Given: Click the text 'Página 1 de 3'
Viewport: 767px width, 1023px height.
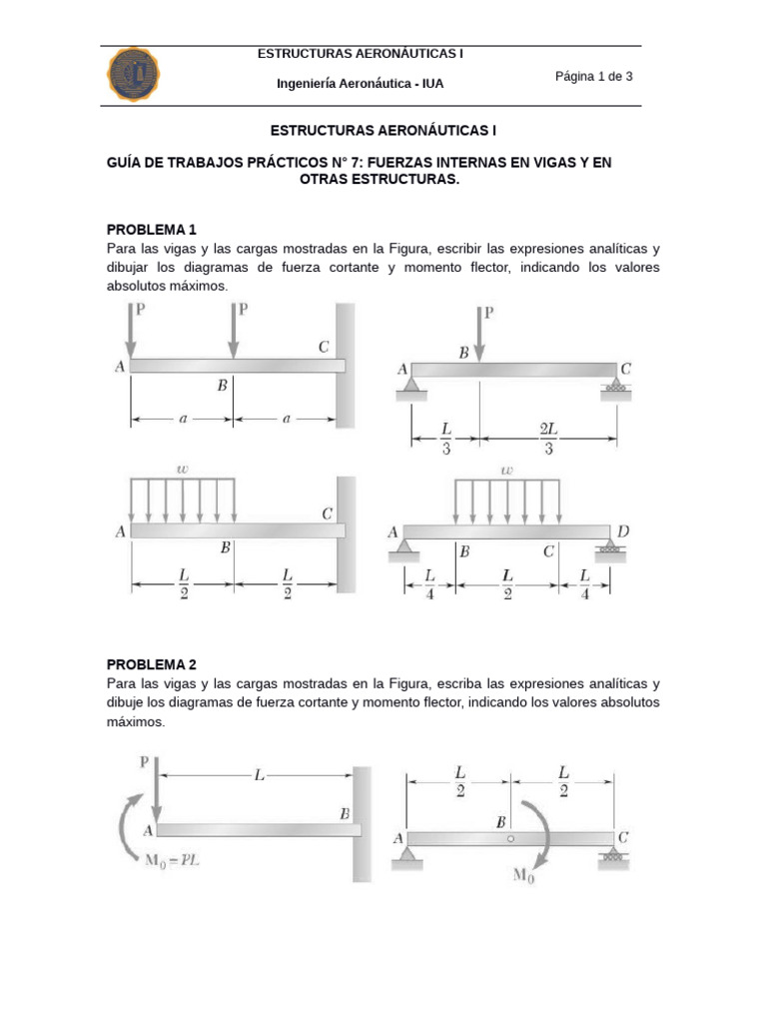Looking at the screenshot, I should [594, 77].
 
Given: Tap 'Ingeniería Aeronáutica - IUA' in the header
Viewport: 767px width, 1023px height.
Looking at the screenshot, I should [360, 84].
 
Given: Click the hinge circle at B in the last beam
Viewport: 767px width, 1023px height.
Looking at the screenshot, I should [510, 839].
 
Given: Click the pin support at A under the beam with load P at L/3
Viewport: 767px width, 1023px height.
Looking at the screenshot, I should [404, 386].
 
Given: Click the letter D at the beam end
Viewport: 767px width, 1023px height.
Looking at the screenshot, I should [623, 531].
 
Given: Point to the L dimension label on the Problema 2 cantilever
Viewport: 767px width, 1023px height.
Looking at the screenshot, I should [258, 775].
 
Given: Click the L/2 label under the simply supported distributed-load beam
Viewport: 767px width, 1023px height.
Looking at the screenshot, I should [507, 583].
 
